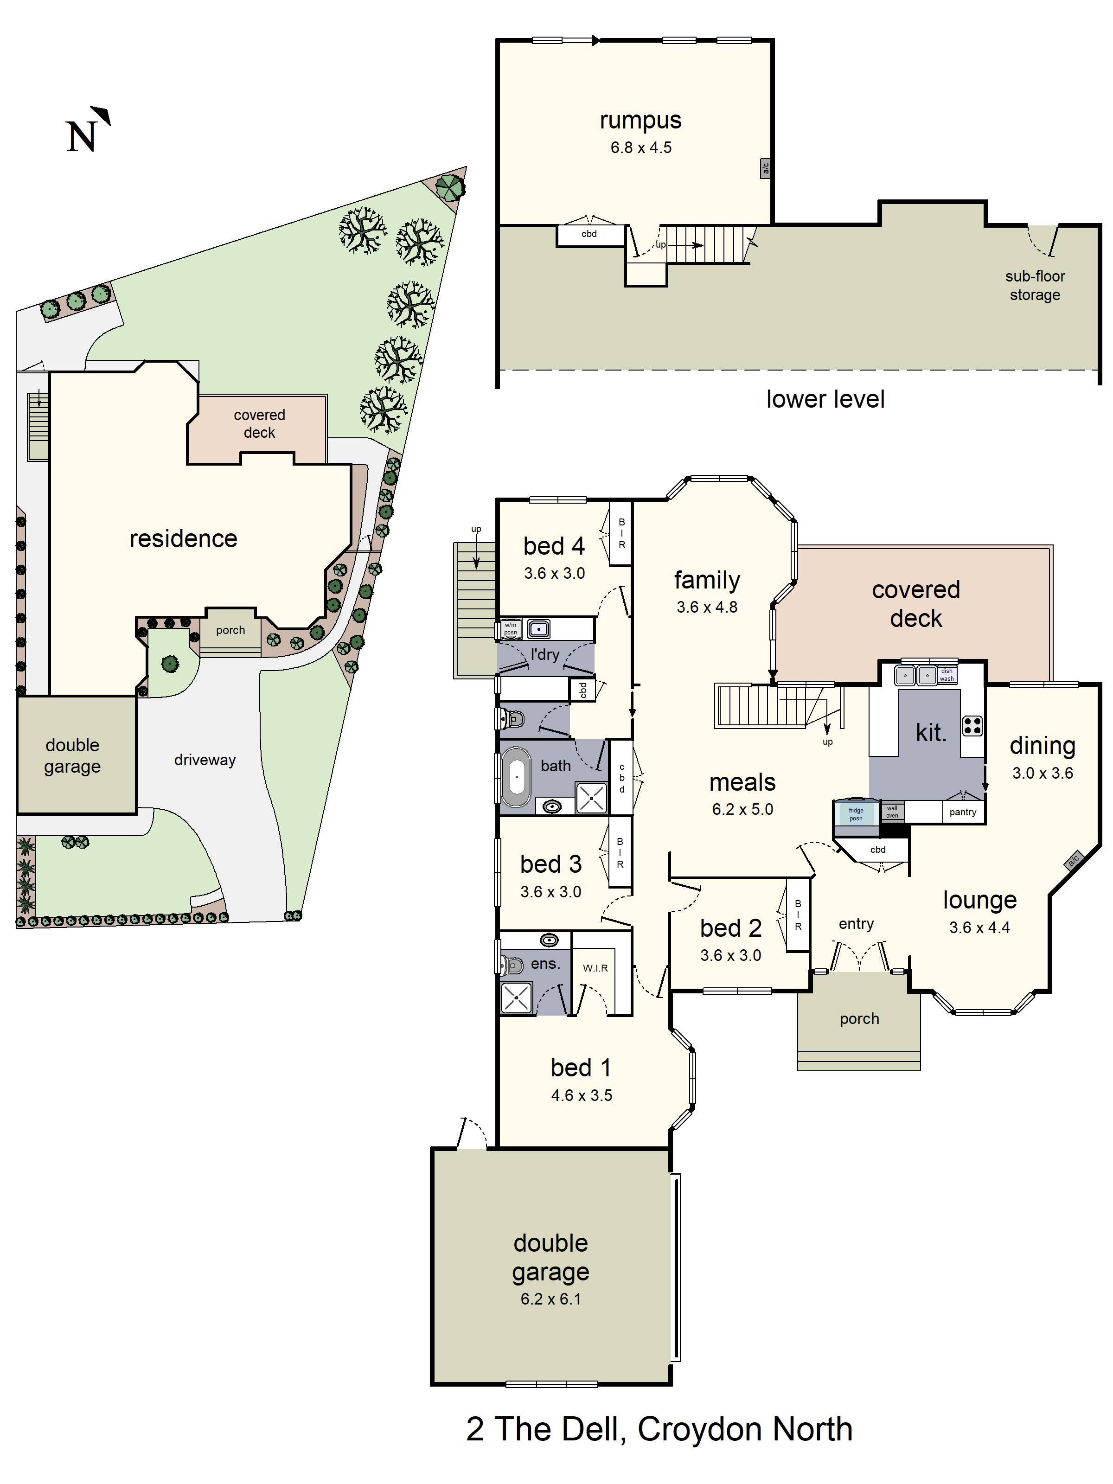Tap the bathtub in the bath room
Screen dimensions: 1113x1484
click(516, 776)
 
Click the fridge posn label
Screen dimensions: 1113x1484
click(856, 814)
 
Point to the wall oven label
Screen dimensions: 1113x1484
click(892, 812)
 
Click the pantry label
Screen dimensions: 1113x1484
click(963, 812)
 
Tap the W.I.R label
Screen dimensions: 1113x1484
click(595, 968)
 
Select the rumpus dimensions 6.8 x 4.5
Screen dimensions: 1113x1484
click(641, 147)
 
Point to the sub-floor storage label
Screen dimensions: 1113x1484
click(1035, 285)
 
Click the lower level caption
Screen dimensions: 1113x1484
click(825, 399)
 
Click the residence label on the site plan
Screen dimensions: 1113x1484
click(183, 539)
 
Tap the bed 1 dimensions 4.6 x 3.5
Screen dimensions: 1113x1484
click(582, 1095)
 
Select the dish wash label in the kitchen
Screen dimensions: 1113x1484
click(947, 674)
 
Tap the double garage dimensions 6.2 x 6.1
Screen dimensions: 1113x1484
click(551, 1299)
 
